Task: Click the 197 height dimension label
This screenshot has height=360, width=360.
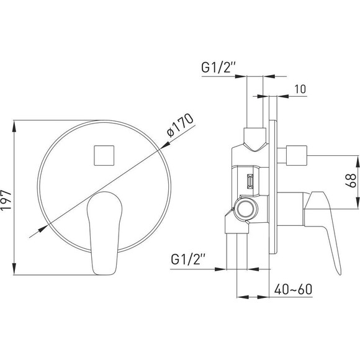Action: [x=6, y=200]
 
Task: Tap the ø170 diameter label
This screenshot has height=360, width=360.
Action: [x=180, y=125]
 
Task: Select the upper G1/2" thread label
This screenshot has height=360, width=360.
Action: [x=218, y=67]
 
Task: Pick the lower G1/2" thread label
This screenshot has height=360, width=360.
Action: [x=188, y=259]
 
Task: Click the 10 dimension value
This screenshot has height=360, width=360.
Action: [x=300, y=89]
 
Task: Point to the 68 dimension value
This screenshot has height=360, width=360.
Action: [x=351, y=181]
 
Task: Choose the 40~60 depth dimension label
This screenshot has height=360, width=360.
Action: [x=293, y=289]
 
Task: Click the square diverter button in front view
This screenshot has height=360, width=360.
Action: [x=104, y=155]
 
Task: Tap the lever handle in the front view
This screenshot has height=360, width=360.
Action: [x=104, y=233]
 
